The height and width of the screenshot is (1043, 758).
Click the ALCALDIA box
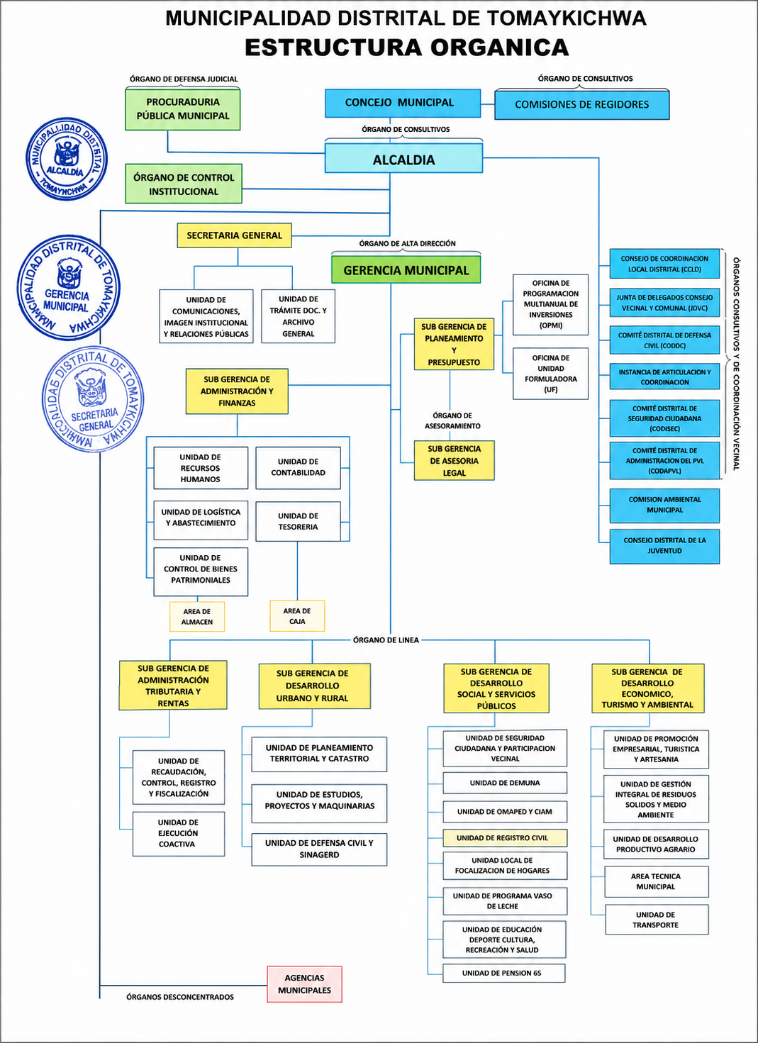(x=403, y=158)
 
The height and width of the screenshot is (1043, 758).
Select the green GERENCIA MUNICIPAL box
(x=406, y=269)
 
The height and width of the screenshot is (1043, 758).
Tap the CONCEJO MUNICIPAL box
(x=402, y=103)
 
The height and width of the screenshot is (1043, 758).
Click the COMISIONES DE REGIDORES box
(x=581, y=104)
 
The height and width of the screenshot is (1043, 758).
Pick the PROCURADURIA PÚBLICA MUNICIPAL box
(x=182, y=109)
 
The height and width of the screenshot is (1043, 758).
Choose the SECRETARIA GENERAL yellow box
(x=234, y=235)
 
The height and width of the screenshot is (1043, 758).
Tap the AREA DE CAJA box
(x=297, y=615)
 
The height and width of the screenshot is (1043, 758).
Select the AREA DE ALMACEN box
(x=197, y=616)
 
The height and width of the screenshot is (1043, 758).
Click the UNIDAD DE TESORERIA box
(x=298, y=521)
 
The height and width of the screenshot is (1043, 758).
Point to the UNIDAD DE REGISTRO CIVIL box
(x=505, y=837)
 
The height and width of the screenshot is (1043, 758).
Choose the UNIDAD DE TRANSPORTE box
(x=657, y=920)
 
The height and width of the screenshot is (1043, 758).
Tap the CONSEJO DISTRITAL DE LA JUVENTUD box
(x=664, y=546)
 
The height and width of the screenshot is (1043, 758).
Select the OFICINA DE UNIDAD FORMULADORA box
(x=550, y=374)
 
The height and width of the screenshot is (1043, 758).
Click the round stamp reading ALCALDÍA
(x=67, y=159)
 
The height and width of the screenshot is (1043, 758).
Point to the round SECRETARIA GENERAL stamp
(x=93, y=399)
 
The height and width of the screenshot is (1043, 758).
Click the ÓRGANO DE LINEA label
(x=386, y=640)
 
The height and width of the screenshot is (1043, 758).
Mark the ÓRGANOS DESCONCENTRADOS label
(x=180, y=997)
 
